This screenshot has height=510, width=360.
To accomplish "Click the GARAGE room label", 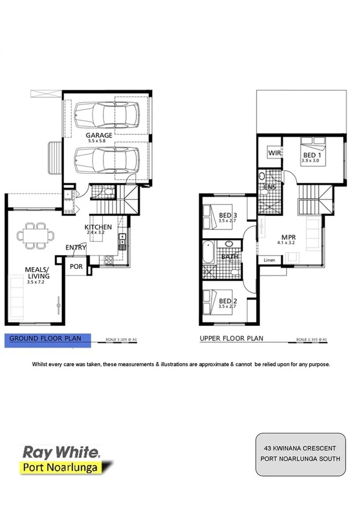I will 99,135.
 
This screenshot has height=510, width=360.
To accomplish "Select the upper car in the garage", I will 107,112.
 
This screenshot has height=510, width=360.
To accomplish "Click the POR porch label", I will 76,266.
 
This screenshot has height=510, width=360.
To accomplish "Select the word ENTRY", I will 76,248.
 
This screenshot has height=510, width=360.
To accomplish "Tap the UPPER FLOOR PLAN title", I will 231,339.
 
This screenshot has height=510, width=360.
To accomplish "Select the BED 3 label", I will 226,215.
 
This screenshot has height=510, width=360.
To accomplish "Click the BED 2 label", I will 226,300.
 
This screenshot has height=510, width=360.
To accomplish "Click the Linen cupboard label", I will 270,259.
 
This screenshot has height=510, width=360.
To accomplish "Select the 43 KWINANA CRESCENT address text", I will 301,448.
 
